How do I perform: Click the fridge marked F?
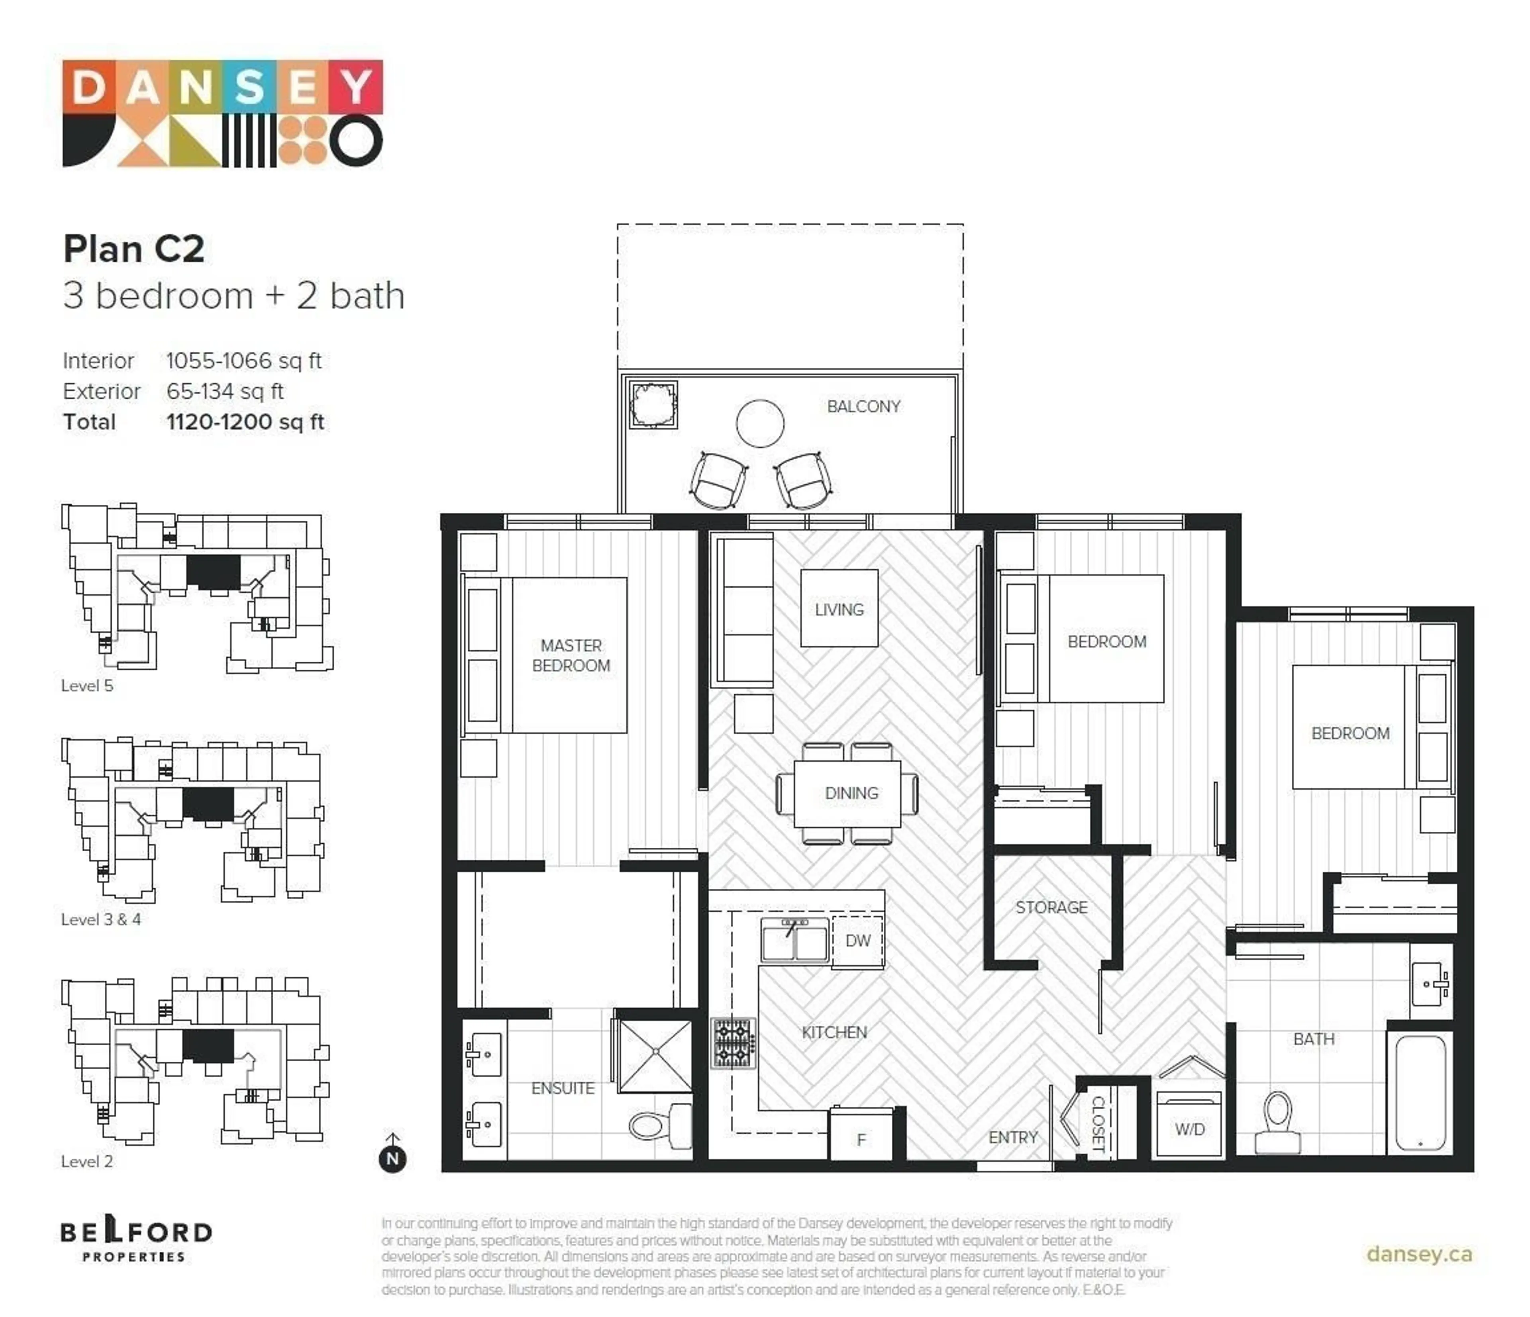click(861, 1139)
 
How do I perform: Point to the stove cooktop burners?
click(733, 1043)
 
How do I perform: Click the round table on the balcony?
click(760, 423)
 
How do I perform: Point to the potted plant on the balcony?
click(653, 405)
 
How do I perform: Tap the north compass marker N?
click(393, 1158)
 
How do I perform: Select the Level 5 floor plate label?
click(87, 685)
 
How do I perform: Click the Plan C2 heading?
click(133, 249)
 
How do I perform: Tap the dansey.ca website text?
click(1418, 1254)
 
